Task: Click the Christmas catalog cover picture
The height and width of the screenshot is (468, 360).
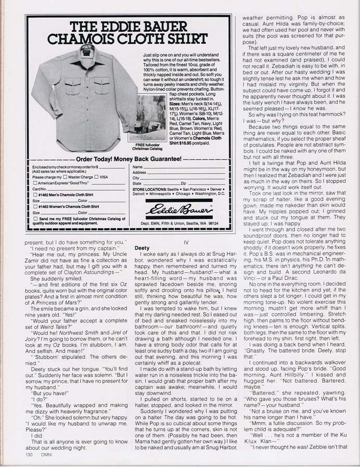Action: click(147, 118)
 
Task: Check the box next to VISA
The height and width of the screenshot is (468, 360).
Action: click(97, 177)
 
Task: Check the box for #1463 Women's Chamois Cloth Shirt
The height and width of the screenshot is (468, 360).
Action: click(35, 206)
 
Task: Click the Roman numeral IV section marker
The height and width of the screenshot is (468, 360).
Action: click(186, 241)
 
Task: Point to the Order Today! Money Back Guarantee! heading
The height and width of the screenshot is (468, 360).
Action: click(127, 159)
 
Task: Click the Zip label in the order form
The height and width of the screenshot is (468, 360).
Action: click(183, 184)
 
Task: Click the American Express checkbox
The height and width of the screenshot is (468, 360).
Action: click(35, 183)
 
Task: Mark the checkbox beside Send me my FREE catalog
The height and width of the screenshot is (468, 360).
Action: click(35, 219)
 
